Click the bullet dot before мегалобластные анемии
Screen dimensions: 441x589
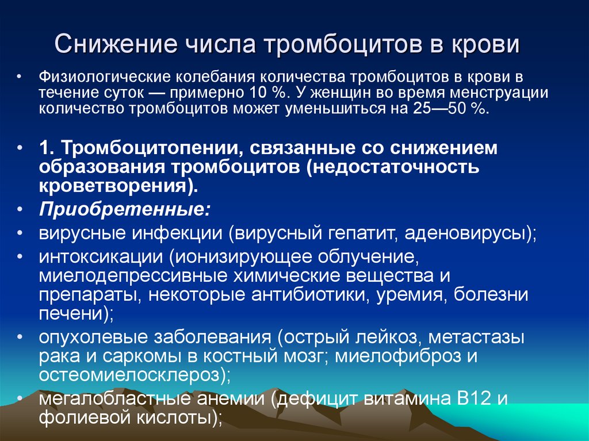[20, 398]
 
